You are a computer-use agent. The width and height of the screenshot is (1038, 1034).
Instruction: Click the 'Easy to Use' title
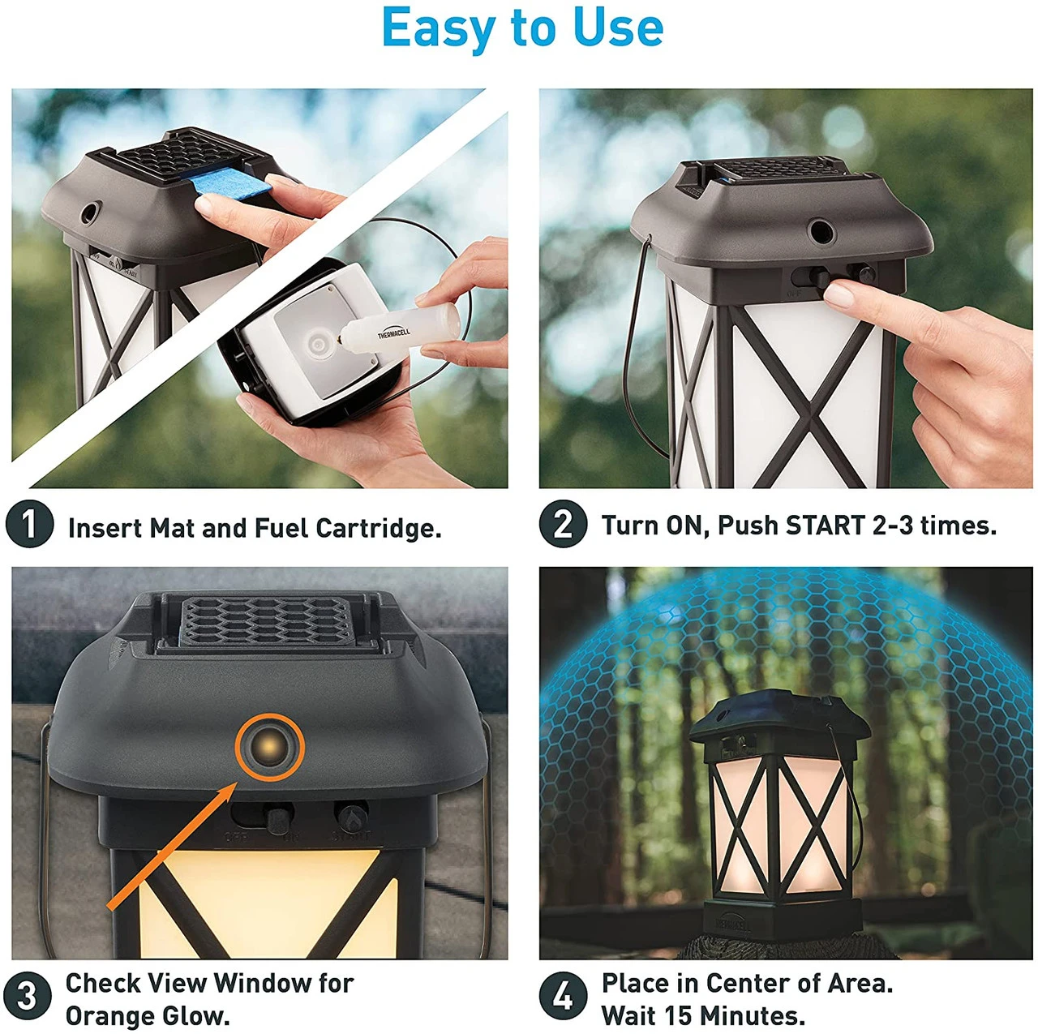coord(522,28)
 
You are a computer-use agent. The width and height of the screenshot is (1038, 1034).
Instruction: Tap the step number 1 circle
coord(29,524)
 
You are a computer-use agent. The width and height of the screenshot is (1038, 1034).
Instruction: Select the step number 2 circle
coord(562,524)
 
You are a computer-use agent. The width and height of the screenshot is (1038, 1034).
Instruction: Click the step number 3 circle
coord(27,996)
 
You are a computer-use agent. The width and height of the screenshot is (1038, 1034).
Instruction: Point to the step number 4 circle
coord(562,996)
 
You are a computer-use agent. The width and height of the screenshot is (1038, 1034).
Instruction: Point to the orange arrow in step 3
coord(170,847)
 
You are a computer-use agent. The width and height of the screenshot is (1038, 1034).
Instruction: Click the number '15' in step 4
coord(678,1015)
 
